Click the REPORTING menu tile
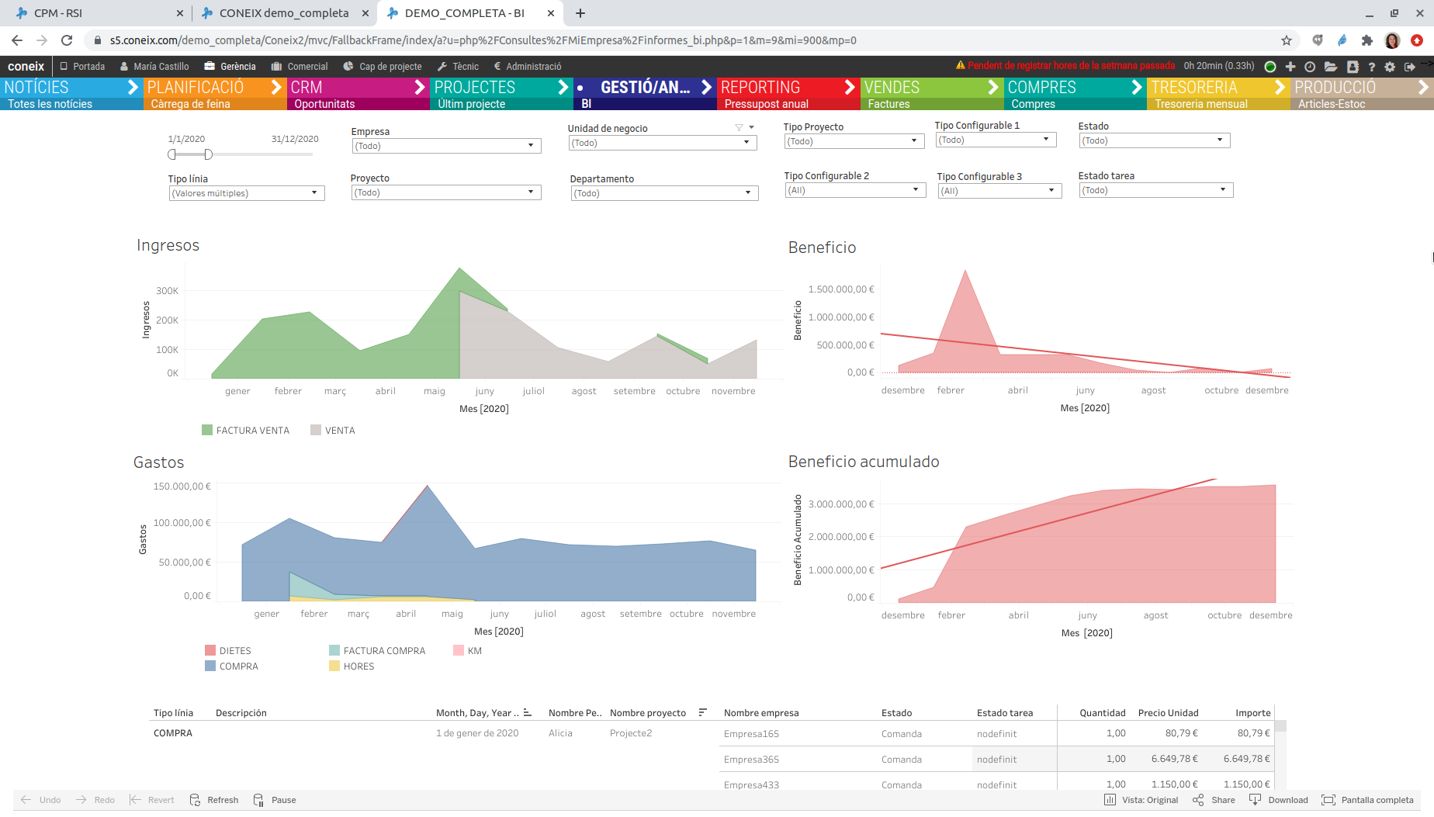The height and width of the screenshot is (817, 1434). click(786, 94)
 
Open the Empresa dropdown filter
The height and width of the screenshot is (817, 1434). click(446, 146)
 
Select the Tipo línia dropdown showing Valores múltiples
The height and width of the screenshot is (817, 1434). click(246, 193)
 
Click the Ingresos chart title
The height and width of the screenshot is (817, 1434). click(168, 246)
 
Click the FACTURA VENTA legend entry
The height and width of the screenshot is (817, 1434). click(252, 431)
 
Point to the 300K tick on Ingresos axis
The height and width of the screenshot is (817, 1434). click(167, 291)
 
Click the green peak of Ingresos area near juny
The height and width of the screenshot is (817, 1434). click(460, 272)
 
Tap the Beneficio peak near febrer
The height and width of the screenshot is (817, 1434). click(965, 273)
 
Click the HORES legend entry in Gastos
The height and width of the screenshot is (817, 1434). click(358, 666)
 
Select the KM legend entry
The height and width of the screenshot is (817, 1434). click(474, 651)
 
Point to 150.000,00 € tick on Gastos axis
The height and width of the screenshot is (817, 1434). click(182, 486)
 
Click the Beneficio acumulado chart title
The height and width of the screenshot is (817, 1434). click(863, 462)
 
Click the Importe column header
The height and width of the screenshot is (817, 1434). click(1252, 713)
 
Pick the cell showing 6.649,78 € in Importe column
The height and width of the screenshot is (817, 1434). click(1246, 759)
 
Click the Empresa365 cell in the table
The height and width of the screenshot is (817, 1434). click(751, 760)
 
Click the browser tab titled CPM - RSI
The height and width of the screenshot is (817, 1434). click(58, 13)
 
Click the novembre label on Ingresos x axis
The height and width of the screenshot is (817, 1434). click(733, 391)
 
